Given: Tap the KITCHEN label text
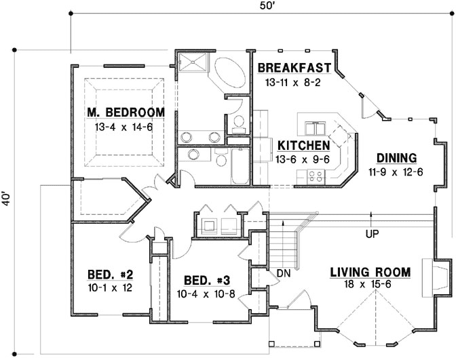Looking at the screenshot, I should pyautogui.click(x=303, y=145).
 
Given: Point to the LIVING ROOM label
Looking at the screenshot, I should pyautogui.click(x=370, y=273).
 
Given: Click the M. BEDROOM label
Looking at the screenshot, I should pyautogui.click(x=126, y=112).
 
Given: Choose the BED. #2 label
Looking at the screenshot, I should pyautogui.click(x=110, y=275).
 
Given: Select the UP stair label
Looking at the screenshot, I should pyautogui.click(x=371, y=235).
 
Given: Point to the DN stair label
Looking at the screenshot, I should pyautogui.click(x=284, y=273).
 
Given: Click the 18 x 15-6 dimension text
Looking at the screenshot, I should pyautogui.click(x=370, y=285).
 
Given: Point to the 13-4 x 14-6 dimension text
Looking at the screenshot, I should pyautogui.click(x=124, y=126).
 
